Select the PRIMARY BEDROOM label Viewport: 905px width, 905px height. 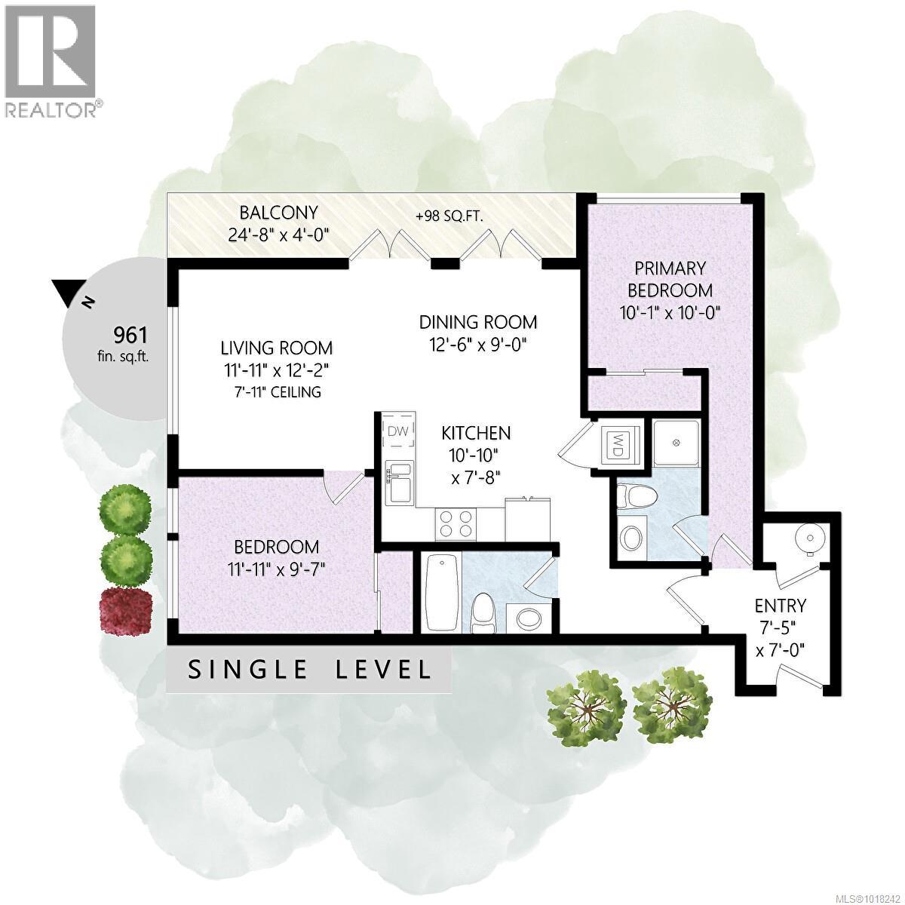(670, 279)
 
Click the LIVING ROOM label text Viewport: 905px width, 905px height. (276, 348)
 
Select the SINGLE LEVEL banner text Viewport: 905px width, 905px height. (309, 669)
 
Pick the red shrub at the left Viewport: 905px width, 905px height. (126, 608)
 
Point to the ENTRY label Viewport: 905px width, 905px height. (781, 605)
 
